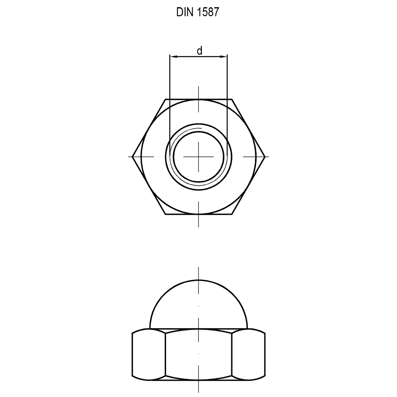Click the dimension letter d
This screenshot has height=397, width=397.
click(200, 51)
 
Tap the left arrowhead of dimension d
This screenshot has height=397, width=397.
click(173, 57)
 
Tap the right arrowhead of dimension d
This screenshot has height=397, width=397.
click(224, 57)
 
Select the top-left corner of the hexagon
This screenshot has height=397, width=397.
click(165, 99)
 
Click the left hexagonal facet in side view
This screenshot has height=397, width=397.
click(148, 354)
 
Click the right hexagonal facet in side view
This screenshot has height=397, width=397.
click(249, 354)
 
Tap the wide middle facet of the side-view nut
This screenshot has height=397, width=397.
click(198, 354)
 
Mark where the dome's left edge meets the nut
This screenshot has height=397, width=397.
click(150, 328)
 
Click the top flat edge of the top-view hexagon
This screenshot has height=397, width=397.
click(183, 99)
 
